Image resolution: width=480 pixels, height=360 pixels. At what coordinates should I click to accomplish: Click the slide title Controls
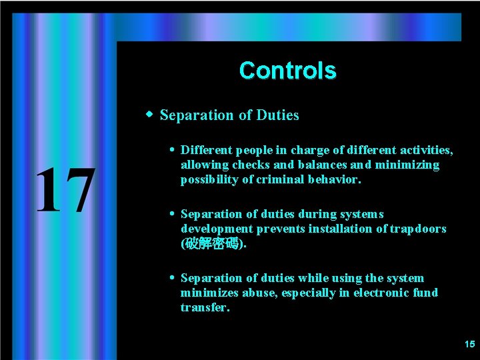(x=287, y=71)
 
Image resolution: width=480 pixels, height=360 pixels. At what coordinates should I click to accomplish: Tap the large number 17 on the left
(x=65, y=191)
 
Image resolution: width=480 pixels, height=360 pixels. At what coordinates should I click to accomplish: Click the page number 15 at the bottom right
(x=469, y=344)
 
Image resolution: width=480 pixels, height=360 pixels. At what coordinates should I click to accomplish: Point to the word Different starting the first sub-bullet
(x=205, y=150)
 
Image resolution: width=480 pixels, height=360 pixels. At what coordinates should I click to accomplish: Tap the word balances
(x=323, y=165)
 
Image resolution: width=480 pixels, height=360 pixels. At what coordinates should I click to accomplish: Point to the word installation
(x=339, y=229)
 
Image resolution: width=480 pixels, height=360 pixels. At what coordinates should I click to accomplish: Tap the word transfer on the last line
(x=204, y=307)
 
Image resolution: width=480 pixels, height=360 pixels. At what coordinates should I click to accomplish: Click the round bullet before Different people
(x=172, y=150)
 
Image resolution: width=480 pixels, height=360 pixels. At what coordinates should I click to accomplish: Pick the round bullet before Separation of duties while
(x=172, y=278)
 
